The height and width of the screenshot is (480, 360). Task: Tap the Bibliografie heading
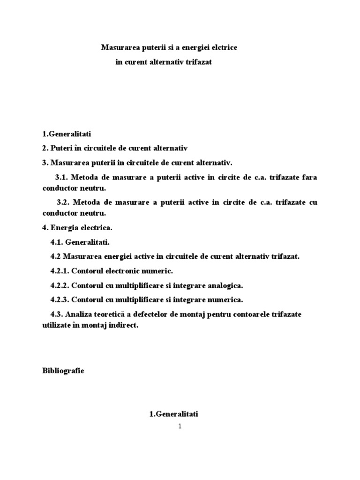pos(63,371)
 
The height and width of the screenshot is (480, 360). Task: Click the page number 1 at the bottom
pos(180,427)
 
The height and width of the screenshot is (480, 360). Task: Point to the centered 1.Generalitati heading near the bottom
pos(174,414)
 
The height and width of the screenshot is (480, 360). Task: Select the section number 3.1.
pos(63,178)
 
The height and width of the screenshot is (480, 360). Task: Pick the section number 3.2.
pos(65,202)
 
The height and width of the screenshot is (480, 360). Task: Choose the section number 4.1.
pos(56,242)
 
